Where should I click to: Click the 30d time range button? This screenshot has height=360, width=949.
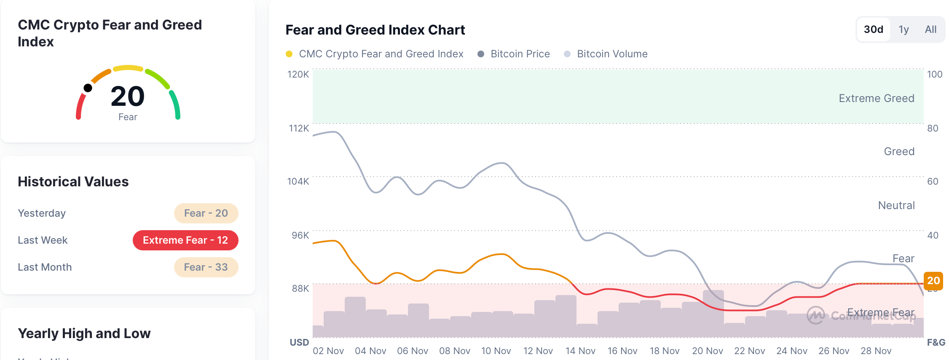[873, 30]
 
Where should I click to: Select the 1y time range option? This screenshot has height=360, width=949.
[903, 30]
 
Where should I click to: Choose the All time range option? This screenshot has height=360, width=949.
[930, 30]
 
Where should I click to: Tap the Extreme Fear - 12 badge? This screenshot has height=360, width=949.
[185, 240]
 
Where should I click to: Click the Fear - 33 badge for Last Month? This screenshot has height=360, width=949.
[206, 267]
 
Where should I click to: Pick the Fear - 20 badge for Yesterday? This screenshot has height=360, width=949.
[206, 213]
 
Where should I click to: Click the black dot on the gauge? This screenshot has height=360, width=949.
[88, 88]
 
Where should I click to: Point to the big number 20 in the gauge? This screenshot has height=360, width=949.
[128, 96]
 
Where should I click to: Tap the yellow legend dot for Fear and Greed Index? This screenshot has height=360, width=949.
[289, 54]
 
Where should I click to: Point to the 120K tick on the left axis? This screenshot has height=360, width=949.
[298, 75]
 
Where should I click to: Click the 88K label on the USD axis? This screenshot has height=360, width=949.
[300, 289]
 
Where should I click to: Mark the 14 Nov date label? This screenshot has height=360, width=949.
[580, 351]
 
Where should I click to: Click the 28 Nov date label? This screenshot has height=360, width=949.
[876, 351]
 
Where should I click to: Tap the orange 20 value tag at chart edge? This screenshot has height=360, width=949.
[933, 281]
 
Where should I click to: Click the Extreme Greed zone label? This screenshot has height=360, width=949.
[876, 98]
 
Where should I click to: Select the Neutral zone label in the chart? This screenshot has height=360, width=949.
[896, 205]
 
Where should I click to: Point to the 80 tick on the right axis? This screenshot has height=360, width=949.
[932, 128]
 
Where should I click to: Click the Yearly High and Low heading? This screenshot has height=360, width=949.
[84, 333]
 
